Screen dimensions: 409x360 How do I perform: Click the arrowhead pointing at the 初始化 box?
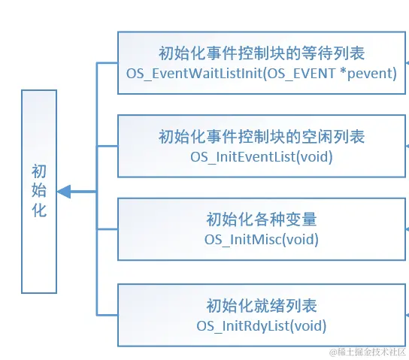click(x=64, y=192)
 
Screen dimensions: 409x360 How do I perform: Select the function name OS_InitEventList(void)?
click(x=262, y=157)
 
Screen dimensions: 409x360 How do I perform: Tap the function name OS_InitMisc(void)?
click(x=262, y=239)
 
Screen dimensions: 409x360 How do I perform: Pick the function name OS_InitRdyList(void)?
click(x=262, y=326)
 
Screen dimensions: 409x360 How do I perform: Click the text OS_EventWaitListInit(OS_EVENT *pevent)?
click(x=262, y=73)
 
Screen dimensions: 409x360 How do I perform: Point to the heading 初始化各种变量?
click(x=262, y=219)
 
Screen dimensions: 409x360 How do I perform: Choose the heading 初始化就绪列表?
click(x=262, y=306)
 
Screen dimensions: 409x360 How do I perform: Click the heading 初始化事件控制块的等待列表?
click(x=262, y=53)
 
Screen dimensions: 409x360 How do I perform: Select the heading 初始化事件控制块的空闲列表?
click(x=262, y=136)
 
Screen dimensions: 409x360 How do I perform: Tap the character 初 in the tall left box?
click(x=39, y=171)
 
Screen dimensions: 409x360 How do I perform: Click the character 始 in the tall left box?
click(x=39, y=190)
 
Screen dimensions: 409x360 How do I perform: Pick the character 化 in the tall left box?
click(x=39, y=210)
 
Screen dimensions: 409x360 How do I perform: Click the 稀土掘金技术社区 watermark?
click(x=368, y=352)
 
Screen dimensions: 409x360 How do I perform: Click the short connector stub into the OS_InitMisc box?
click(x=108, y=229)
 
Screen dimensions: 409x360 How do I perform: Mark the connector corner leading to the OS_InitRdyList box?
click(x=97, y=315)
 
